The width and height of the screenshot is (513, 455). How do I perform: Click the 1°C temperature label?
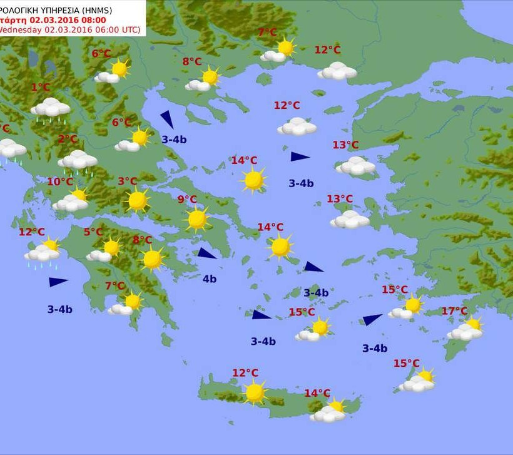41,88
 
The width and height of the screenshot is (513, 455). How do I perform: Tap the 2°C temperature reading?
68,139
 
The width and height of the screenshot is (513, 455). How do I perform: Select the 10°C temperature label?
60,182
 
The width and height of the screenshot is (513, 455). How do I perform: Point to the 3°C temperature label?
127,181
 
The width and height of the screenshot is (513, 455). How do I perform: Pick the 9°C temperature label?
187,200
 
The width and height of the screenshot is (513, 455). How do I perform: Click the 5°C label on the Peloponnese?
93,232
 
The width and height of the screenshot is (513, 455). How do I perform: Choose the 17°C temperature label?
454,311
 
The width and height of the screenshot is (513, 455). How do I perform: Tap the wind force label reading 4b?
209,279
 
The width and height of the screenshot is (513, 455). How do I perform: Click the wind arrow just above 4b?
206,253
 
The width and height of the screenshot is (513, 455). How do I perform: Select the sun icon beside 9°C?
197,219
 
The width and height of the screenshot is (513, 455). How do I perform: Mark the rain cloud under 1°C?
51,108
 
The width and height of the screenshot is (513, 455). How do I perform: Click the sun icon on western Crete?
254,392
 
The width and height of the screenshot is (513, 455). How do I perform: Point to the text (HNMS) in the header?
119,9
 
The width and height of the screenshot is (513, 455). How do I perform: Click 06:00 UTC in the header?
118,29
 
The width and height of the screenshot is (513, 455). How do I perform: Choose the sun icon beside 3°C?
137,201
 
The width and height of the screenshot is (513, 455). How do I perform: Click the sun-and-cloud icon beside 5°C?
105,250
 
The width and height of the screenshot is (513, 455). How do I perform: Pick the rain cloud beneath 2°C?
78,161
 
